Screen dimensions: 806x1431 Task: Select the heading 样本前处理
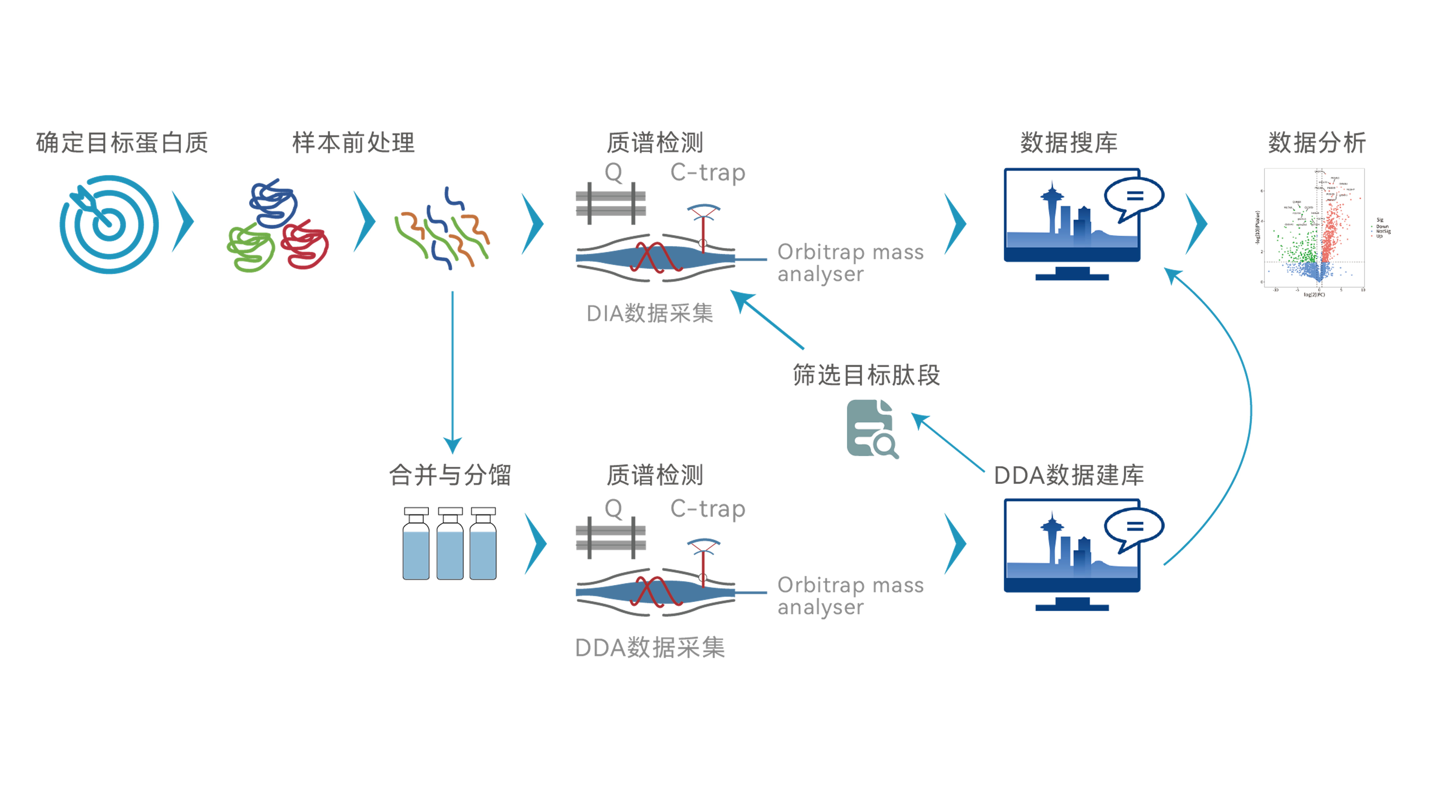pyautogui.click(x=353, y=143)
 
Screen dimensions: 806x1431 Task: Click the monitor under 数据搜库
pyautogui.click(x=1072, y=222)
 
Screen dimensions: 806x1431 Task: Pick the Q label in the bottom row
pyautogui.click(x=613, y=508)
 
